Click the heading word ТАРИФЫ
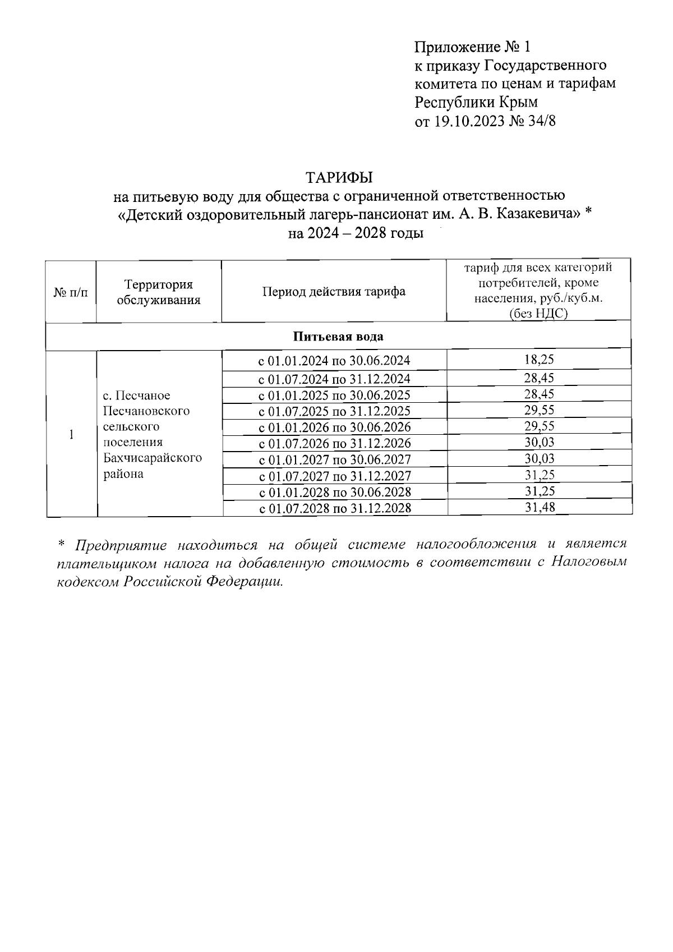pos(339,177)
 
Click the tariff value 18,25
pos(538,360)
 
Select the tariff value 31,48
pos(538,508)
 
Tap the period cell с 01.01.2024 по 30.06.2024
pos(334,360)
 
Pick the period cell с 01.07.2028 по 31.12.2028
pos(334,508)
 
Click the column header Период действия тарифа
pos(334,292)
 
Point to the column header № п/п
pos(71,292)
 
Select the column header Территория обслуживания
pos(158,292)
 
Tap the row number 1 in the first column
pos(71,434)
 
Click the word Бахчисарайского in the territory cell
pos(153,458)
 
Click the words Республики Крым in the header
pos(476,103)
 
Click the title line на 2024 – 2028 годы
pos(356,233)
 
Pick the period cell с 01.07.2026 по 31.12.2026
pos(334,443)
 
